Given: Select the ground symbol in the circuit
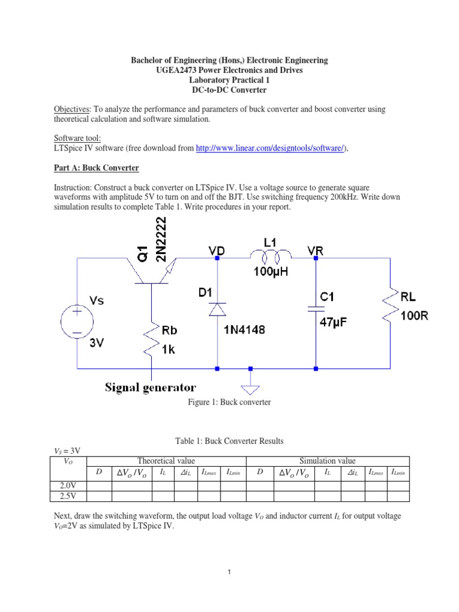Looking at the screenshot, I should (250, 386).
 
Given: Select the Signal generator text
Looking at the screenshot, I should (151, 387).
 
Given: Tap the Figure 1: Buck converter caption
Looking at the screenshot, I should (229, 402).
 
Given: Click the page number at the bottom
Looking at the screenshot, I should (229, 573).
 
